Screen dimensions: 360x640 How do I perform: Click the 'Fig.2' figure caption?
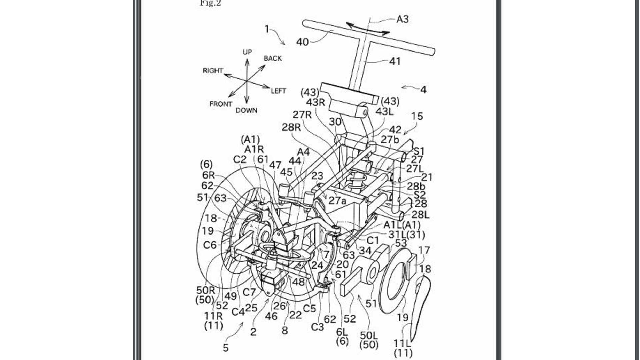click(210, 4)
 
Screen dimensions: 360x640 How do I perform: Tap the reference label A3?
click(402, 19)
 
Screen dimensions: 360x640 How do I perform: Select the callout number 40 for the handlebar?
click(302, 42)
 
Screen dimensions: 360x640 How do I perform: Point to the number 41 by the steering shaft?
click(395, 61)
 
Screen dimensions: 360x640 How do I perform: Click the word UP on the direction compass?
click(247, 52)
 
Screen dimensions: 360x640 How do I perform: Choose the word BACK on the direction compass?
click(273, 58)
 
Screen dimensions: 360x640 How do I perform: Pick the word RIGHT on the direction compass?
click(213, 71)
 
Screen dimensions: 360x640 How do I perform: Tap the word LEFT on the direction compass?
click(278, 91)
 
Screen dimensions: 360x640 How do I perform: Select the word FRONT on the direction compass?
click(221, 104)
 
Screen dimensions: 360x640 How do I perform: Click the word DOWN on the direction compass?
click(246, 110)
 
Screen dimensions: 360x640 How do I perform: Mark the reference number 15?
click(417, 116)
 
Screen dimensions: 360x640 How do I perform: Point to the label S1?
click(419, 152)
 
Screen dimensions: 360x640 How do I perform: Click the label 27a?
click(337, 201)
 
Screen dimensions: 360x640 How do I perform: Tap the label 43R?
click(315, 102)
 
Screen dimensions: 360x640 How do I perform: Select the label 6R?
click(208, 175)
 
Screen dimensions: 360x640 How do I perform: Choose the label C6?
click(210, 245)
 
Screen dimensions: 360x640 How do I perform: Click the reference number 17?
click(424, 250)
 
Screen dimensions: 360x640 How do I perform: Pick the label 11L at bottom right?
click(402, 343)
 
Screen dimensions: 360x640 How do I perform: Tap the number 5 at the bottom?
click(226, 348)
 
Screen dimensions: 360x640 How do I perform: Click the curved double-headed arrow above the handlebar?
click(367, 29)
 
